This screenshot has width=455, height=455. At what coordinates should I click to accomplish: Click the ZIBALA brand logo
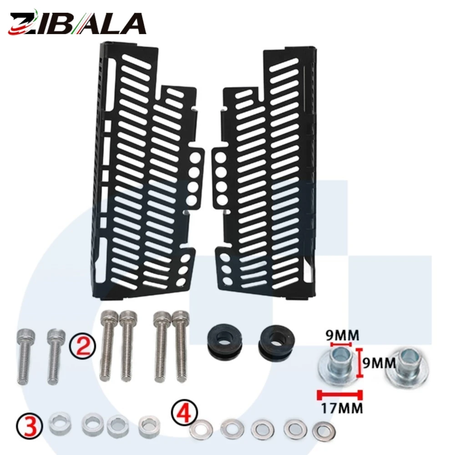coord(77,23)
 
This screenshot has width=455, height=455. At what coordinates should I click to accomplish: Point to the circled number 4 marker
coord(184,413)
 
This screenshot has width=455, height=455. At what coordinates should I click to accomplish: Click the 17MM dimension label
coord(342,408)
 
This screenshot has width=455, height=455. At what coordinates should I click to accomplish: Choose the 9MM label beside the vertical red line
coord(379,363)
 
